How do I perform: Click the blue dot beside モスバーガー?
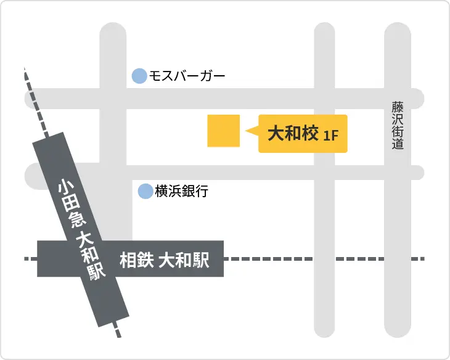(139, 76)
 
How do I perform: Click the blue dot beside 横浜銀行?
(145, 191)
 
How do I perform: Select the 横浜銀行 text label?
(181, 192)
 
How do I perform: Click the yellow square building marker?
(223, 131)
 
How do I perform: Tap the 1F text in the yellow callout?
(331, 135)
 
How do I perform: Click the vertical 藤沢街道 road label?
(397, 126)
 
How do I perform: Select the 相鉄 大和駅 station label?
(163, 260)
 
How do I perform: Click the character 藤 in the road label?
(397, 107)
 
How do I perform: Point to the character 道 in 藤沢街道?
(397, 145)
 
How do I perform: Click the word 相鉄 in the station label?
(134, 260)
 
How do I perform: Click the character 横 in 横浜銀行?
(162, 192)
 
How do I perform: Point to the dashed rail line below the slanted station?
(118, 331)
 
